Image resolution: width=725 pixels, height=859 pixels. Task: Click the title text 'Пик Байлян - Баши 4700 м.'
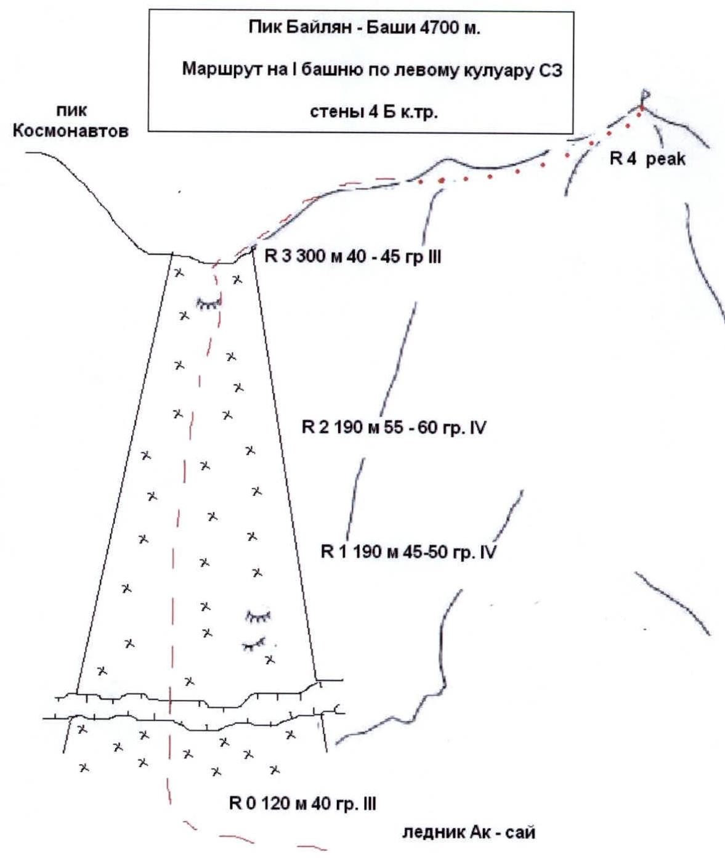(365, 28)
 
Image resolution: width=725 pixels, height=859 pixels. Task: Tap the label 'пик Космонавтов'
(71, 121)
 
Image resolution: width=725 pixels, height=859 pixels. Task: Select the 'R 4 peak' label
(647, 159)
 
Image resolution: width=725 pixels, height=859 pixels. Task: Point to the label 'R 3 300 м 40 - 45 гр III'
(353, 257)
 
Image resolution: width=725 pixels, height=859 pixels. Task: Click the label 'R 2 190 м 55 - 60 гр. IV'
(394, 428)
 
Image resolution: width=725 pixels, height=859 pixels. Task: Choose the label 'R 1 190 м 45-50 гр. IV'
(408, 552)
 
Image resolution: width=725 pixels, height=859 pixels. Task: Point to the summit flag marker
(645, 96)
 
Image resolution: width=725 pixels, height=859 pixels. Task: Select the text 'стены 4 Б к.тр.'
(373, 112)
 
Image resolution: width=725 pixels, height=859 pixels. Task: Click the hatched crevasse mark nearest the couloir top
(209, 304)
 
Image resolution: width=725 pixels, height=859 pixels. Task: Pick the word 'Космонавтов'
(71, 131)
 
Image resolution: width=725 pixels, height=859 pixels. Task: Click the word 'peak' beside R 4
(666, 160)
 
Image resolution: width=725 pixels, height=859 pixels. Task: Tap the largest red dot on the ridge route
(442, 180)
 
